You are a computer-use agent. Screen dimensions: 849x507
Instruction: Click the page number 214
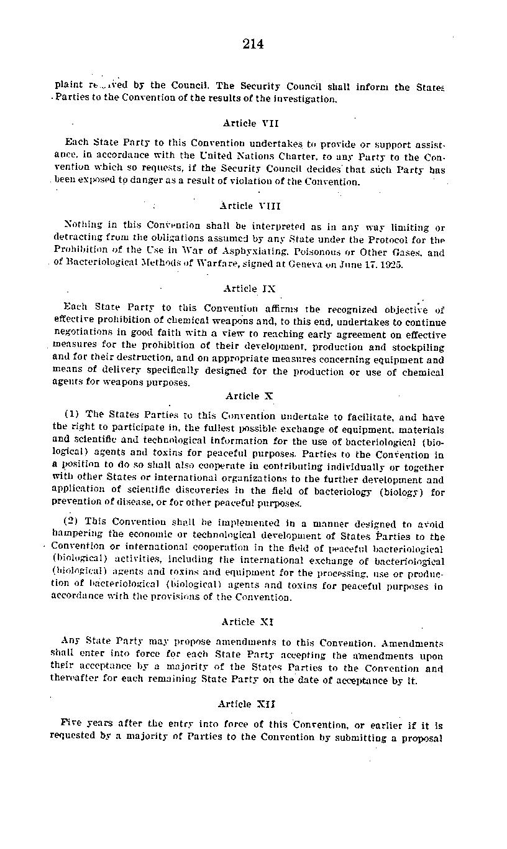pos(253,44)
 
